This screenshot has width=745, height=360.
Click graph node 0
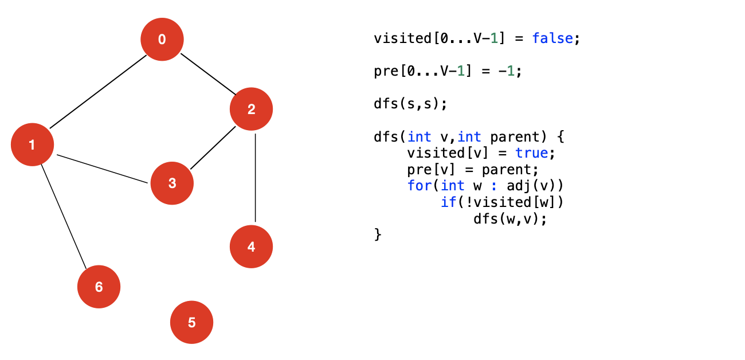(x=162, y=39)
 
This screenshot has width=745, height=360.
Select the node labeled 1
(x=32, y=144)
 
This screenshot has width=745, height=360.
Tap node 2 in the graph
(x=251, y=109)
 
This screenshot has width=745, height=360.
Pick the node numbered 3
(x=172, y=183)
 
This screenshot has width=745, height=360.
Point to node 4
(x=251, y=247)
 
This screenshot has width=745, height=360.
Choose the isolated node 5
(x=191, y=322)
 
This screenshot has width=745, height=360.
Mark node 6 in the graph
(x=99, y=287)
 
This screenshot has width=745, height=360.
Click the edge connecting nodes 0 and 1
(x=97, y=92)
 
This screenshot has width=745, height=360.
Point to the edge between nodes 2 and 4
(x=255, y=178)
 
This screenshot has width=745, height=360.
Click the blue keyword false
(x=552, y=39)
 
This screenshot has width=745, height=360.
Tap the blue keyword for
(x=416, y=186)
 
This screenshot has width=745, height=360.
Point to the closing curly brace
(x=377, y=234)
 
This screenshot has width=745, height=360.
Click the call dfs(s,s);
(x=410, y=104)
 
